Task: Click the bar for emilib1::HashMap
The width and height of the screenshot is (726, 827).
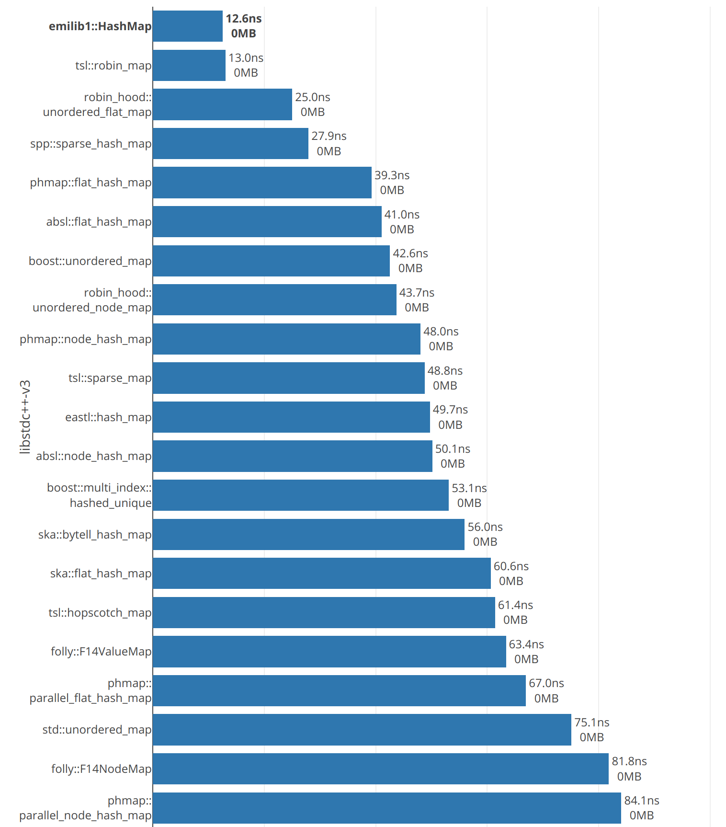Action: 188,26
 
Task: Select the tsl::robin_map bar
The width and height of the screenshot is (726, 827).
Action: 189,66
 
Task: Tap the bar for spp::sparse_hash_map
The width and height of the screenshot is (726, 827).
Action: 230,144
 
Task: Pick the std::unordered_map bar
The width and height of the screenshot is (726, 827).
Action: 362,730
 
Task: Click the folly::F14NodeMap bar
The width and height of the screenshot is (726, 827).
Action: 381,769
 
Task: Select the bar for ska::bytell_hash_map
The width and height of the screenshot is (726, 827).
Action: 308,535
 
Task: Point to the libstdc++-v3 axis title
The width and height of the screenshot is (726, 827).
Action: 25,417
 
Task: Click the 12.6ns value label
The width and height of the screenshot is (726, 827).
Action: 244,19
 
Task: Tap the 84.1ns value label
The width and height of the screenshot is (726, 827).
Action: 642,801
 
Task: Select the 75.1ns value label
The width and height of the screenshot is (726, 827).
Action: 592,723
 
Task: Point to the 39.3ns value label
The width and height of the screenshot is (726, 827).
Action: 392,175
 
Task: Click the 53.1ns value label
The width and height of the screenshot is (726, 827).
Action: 469,488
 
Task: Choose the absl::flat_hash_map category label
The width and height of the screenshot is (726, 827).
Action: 99,222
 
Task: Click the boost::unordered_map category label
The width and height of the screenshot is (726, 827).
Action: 90,261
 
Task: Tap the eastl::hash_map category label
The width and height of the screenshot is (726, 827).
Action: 109,417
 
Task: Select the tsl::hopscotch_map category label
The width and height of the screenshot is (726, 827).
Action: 100,613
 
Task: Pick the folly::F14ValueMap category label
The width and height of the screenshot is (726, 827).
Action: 101,652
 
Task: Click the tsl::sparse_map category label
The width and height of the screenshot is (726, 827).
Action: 110,378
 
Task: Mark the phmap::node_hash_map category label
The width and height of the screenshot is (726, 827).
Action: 86,339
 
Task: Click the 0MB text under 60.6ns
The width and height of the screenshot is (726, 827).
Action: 511,581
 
